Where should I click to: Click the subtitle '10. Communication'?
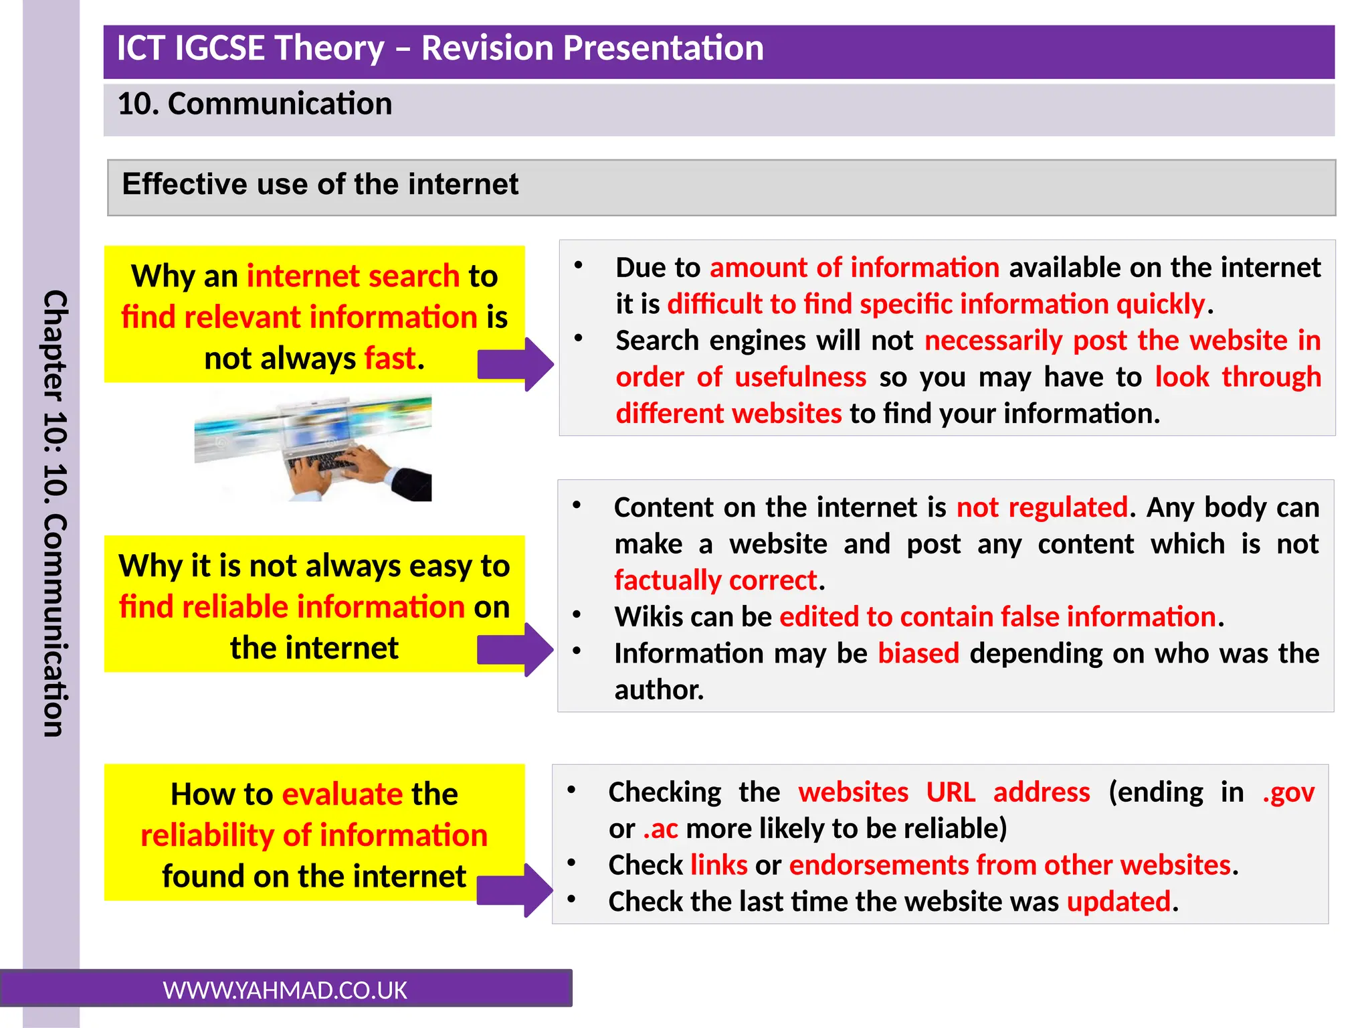pos(254,104)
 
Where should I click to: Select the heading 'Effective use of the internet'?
pos(320,184)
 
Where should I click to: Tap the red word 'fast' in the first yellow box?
pos(390,358)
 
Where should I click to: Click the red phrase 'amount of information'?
pos(854,268)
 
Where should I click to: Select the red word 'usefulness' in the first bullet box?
pos(800,377)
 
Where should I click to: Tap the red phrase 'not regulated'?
pos(1042,507)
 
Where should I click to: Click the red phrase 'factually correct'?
pos(716,580)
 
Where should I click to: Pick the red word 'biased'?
pos(918,653)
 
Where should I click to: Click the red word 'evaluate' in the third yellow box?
pos(342,794)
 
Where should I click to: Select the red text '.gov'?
pos(1288,792)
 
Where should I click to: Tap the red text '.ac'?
pos(660,829)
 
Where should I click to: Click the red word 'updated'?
pos(1118,902)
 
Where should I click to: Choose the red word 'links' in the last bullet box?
pos(718,865)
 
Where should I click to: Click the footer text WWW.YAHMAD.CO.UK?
pos(285,991)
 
